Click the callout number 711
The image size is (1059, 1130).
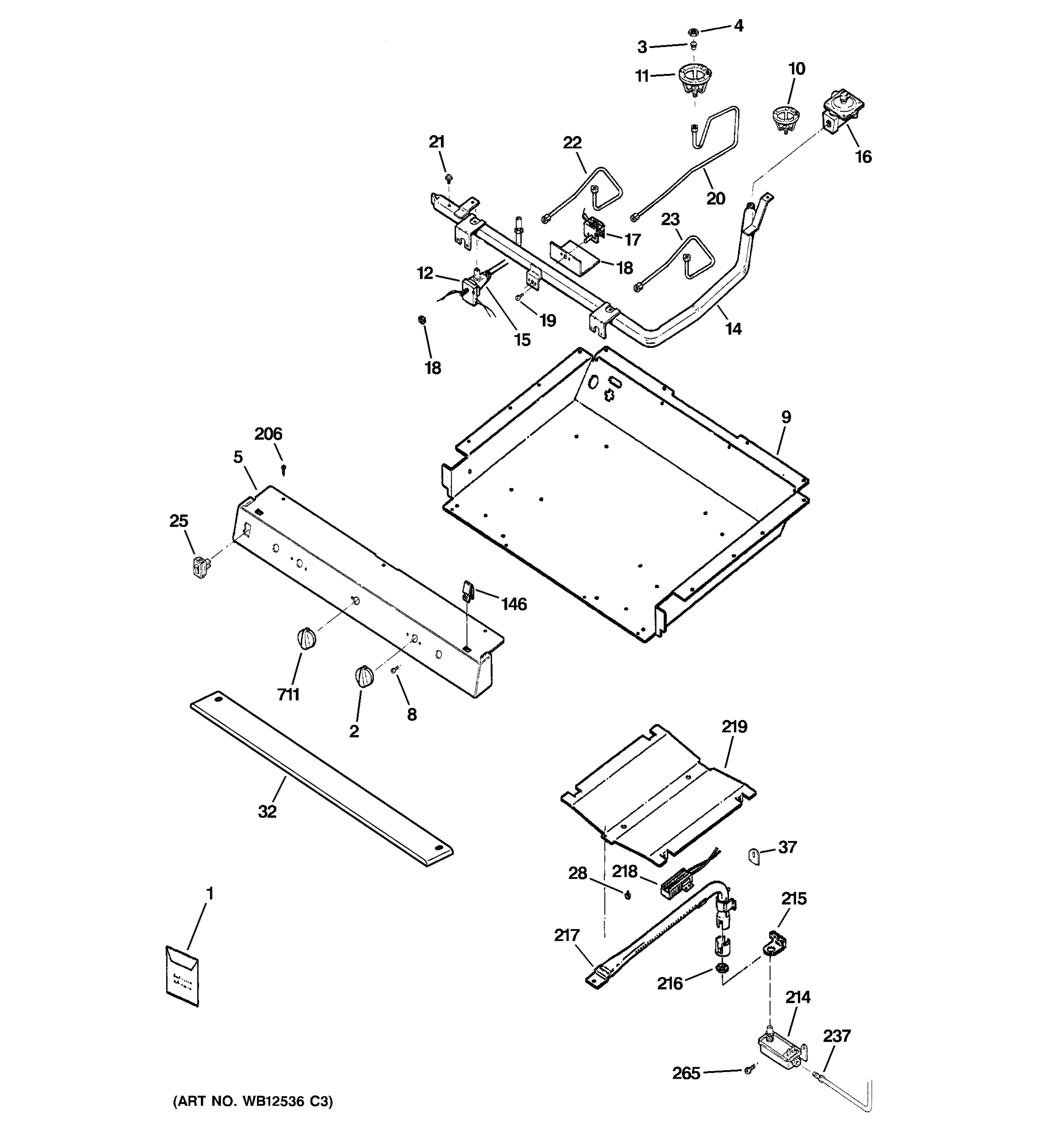coord(288,694)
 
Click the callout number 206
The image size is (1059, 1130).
coord(268,434)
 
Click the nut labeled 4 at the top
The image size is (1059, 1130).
coord(693,32)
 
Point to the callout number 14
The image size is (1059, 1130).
coord(733,329)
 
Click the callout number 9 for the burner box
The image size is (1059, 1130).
coord(786,417)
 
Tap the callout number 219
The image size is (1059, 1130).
coord(735,726)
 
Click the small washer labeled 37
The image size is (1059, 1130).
coord(753,855)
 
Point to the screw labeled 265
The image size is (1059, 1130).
coord(749,1070)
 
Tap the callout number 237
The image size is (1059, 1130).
coord(837,1036)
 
